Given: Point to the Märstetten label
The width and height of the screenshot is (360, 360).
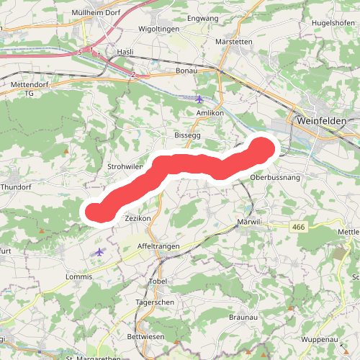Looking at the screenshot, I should (x=234, y=42).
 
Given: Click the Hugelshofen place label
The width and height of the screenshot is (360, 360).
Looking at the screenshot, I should (x=333, y=23).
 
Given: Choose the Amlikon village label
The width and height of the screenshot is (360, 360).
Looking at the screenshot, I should (x=210, y=114).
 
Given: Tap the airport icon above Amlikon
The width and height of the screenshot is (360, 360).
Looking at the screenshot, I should (x=199, y=98).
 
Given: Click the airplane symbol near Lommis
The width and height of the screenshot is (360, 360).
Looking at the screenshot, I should (x=99, y=252).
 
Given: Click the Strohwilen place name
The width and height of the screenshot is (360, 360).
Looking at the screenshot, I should (x=127, y=166).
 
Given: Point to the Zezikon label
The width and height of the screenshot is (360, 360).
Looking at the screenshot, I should (x=137, y=217).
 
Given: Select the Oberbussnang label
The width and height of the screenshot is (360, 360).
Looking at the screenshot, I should (x=274, y=176).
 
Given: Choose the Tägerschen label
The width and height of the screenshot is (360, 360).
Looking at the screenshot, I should (x=155, y=302).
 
